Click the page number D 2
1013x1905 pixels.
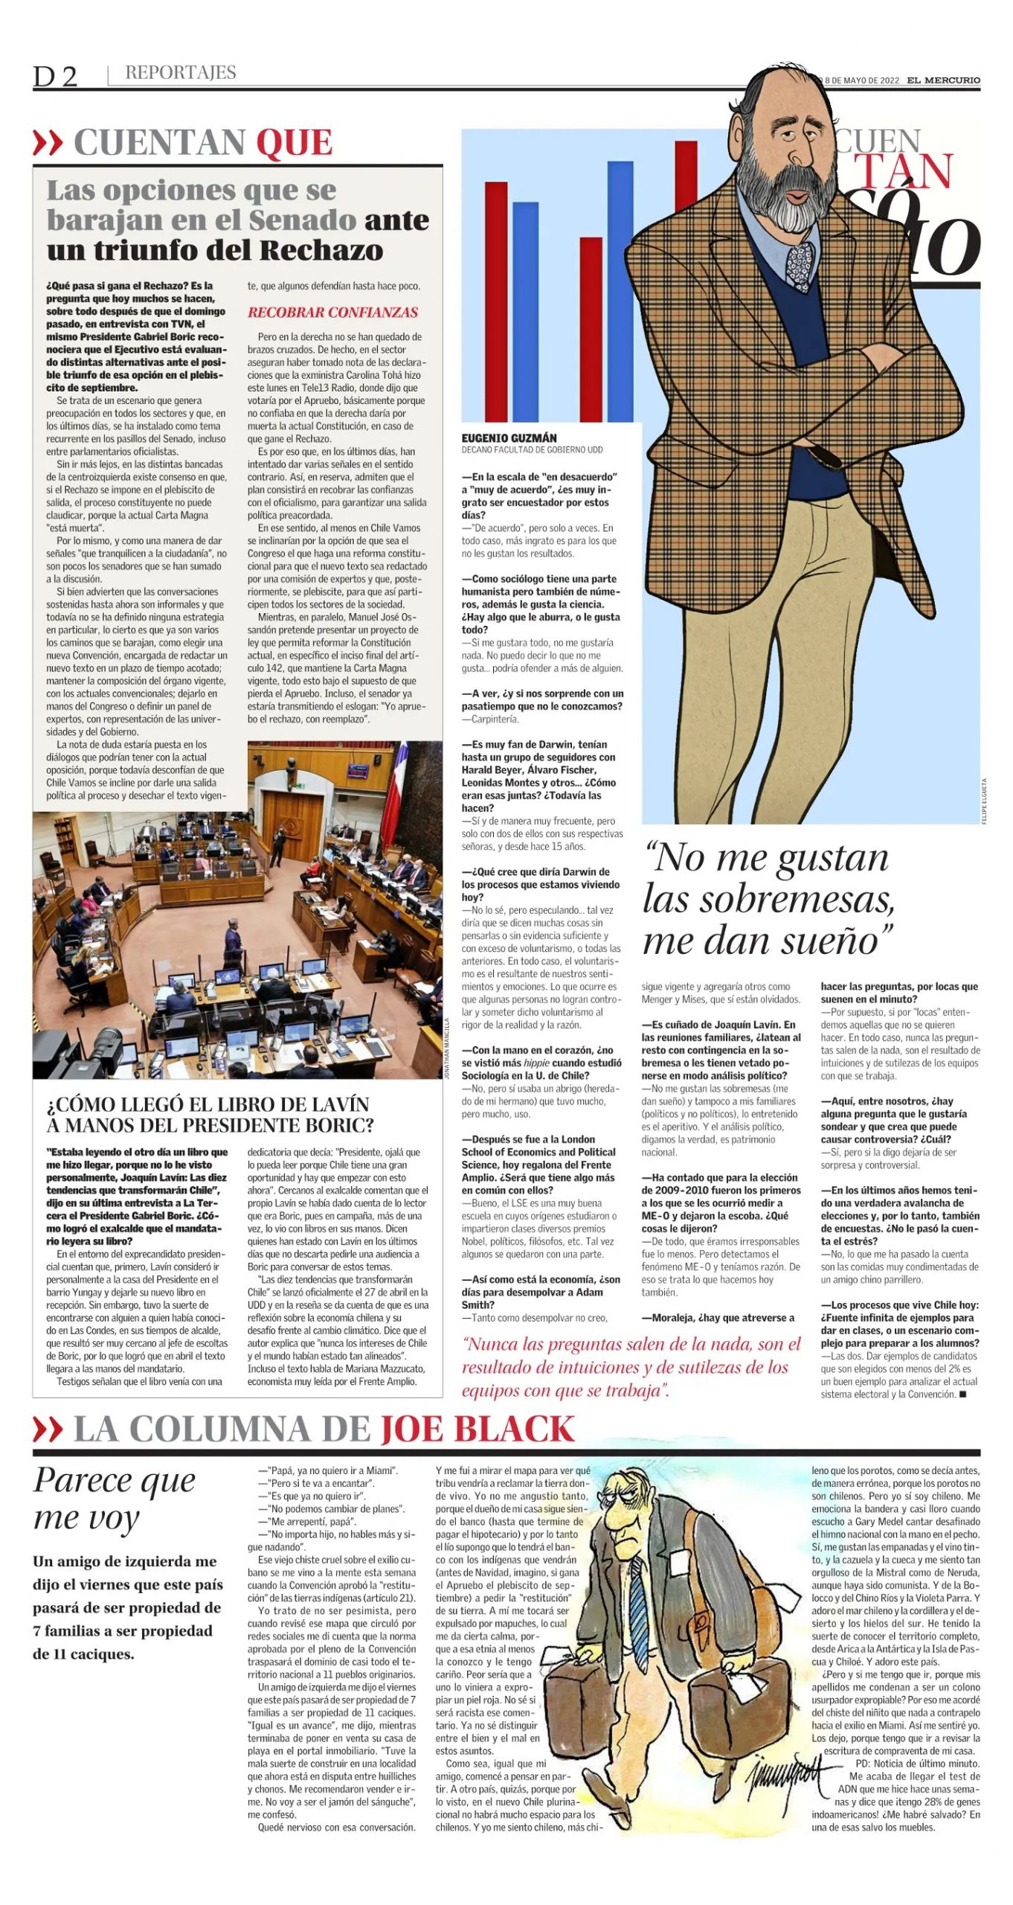click(55, 77)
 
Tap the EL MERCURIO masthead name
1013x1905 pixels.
click(943, 80)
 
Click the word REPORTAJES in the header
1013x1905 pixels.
click(181, 73)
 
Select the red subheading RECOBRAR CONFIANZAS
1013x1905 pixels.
click(333, 313)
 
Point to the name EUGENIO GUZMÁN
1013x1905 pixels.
click(509, 438)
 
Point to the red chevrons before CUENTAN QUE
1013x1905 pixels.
click(48, 142)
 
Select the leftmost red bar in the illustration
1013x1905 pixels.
click(496, 301)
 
